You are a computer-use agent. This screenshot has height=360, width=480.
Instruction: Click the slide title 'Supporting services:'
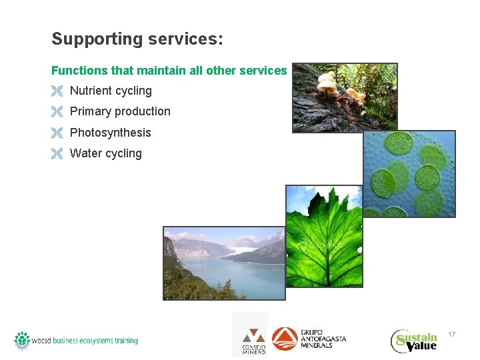(137, 39)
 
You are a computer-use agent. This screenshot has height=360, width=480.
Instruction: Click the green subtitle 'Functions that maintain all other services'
(169, 70)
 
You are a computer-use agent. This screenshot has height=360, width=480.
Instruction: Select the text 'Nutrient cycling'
(111, 91)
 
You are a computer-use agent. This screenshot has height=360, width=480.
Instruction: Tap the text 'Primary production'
(120, 111)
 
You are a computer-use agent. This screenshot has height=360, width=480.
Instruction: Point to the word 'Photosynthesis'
(110, 133)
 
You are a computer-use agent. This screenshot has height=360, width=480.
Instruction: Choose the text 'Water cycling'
(105, 153)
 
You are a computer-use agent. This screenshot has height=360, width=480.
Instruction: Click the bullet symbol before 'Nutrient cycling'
(57, 91)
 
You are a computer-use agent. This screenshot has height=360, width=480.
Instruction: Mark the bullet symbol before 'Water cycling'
(57, 154)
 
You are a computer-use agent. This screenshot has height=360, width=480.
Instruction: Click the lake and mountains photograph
(223, 263)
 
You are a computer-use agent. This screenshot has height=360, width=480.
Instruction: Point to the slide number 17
(451, 334)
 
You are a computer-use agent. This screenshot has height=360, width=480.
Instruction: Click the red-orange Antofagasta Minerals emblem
(285, 339)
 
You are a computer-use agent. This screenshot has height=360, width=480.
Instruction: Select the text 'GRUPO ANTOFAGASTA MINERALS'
(323, 339)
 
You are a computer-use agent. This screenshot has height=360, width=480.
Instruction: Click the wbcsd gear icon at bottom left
(22, 339)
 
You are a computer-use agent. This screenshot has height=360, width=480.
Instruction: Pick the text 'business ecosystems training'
(95, 341)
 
